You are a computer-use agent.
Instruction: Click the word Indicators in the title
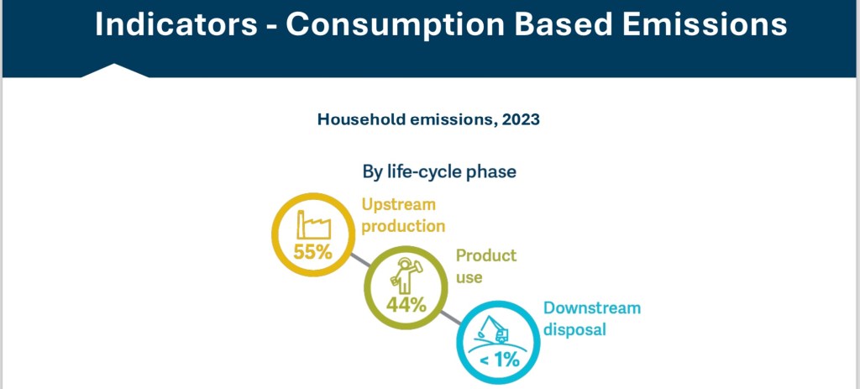(176, 24)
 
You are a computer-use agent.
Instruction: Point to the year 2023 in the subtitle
(521, 119)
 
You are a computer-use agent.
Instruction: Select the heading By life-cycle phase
(439, 172)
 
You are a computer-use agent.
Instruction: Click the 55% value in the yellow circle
(312, 250)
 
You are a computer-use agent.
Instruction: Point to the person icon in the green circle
(406, 274)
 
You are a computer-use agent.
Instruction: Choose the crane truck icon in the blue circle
(497, 329)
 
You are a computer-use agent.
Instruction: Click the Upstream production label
(403, 215)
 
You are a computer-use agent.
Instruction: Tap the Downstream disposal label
(591, 318)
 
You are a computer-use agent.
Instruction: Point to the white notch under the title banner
(115, 71)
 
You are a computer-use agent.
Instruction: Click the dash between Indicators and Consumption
(270, 26)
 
